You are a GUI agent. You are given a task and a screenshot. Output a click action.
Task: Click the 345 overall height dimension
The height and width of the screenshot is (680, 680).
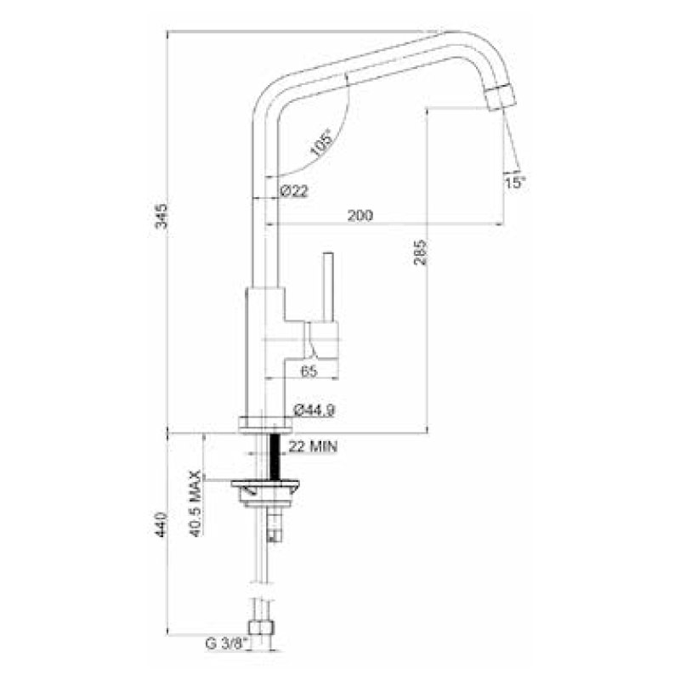click(161, 216)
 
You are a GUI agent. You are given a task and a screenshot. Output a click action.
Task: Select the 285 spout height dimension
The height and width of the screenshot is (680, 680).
click(420, 252)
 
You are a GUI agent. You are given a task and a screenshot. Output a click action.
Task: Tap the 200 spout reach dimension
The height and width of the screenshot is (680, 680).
click(360, 216)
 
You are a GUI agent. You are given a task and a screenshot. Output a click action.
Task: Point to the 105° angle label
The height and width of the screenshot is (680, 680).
click(321, 143)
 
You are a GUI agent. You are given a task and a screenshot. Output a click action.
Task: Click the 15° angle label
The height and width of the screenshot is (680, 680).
click(515, 183)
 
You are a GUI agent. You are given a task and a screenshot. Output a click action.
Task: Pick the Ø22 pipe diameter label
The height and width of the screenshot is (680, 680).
click(294, 190)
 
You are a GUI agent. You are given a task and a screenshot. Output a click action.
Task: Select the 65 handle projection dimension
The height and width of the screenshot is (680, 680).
click(309, 371)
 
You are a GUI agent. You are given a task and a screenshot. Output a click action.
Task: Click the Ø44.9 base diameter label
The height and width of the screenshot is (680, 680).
click(314, 410)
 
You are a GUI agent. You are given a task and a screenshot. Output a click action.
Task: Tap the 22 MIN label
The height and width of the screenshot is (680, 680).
click(313, 446)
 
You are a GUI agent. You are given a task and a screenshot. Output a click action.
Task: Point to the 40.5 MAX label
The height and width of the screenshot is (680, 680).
click(196, 503)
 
